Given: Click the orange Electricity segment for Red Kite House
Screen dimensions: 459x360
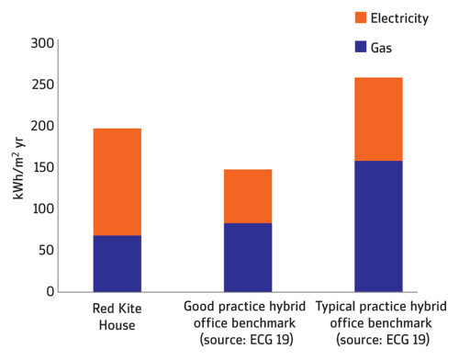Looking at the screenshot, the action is (x=118, y=182).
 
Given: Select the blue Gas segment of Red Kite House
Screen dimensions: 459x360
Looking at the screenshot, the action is (x=118, y=264).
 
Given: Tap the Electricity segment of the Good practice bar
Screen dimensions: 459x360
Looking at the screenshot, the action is (x=248, y=197).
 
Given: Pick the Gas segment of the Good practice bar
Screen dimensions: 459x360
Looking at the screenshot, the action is (x=248, y=257).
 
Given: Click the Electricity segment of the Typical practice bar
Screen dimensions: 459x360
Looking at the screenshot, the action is (x=378, y=119).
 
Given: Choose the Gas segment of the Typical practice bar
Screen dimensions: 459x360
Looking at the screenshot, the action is (x=378, y=226).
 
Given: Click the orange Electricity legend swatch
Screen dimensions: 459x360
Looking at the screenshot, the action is (x=361, y=17).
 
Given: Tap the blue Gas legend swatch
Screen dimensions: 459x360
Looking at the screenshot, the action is (x=361, y=47).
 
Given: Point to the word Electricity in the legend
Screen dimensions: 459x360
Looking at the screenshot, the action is (x=399, y=18).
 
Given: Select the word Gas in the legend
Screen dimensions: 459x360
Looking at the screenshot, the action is (x=381, y=48).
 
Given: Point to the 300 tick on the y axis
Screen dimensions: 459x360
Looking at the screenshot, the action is (x=42, y=43).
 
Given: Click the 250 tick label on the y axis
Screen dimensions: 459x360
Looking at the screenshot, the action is (x=43, y=84).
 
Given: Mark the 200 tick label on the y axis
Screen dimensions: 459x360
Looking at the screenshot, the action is (x=42, y=126).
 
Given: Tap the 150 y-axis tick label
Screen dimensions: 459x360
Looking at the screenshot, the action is (x=43, y=167).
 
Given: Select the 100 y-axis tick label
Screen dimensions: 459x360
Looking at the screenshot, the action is (x=43, y=208).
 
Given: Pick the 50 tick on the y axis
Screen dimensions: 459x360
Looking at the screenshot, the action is (x=46, y=250).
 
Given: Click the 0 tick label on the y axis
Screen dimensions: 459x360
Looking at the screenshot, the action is (x=50, y=291).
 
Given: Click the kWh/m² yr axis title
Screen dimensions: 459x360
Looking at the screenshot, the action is (x=18, y=168).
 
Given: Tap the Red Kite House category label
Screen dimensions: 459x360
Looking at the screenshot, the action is (x=118, y=317).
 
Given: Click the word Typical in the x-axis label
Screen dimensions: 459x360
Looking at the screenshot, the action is (x=335, y=307).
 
